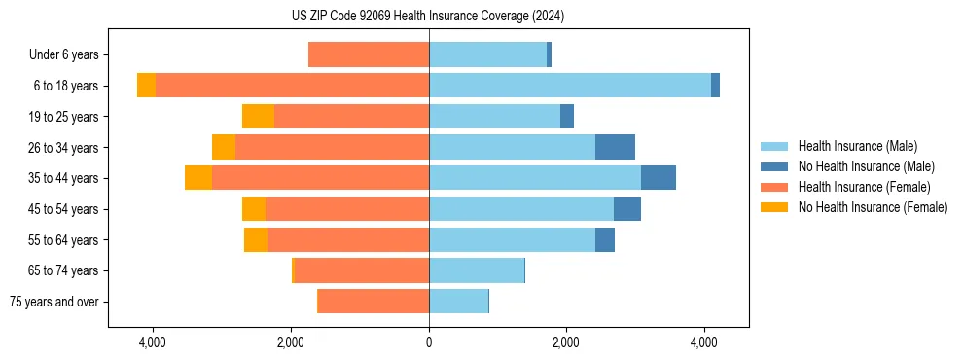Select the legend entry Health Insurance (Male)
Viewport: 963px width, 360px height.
point(857,146)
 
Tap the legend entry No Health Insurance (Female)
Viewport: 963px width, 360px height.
point(873,207)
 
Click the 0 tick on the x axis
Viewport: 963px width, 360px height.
point(429,342)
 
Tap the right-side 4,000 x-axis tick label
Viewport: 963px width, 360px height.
point(704,342)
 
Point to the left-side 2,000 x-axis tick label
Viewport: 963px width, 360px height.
point(291,342)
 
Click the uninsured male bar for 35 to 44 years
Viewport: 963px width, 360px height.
point(659,178)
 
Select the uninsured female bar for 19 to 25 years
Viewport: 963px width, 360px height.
point(258,117)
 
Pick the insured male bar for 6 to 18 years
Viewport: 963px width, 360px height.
point(570,86)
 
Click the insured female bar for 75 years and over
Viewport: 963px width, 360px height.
point(374,302)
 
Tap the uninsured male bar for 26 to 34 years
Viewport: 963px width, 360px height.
point(615,147)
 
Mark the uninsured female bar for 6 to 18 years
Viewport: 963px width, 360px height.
point(146,86)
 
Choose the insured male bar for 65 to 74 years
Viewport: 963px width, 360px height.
point(477,270)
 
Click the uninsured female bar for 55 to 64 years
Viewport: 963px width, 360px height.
point(256,239)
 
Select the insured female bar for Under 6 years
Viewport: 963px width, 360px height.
point(369,55)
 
